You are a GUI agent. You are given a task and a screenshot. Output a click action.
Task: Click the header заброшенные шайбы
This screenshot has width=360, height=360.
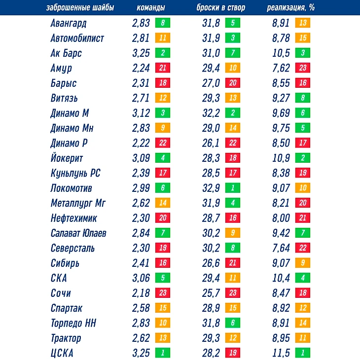pyautogui.click(x=79, y=8)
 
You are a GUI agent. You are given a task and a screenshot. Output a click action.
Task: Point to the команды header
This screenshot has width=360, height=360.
pyautogui.click(x=150, y=8)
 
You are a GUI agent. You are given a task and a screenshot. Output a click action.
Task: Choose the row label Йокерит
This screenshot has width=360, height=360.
pyautogui.click(x=67, y=158)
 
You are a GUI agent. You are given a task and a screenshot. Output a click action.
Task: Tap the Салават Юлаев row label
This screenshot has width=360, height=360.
pyautogui.click(x=78, y=233)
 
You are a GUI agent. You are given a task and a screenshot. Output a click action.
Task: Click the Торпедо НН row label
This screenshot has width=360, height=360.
pyautogui.click(x=73, y=324)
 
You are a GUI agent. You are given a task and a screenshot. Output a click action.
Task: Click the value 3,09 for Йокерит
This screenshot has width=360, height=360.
pyautogui.click(x=141, y=158)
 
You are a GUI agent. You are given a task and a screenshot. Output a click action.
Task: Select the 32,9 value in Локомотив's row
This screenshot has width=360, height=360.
pyautogui.click(x=212, y=188)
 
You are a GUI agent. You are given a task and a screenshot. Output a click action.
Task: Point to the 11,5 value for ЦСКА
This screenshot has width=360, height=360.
pyautogui.click(x=281, y=353)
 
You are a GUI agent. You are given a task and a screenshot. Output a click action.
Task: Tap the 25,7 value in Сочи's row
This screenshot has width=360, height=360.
pyautogui.click(x=212, y=293)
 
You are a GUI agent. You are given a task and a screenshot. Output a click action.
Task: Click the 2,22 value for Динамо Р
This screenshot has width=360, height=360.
pyautogui.click(x=141, y=143)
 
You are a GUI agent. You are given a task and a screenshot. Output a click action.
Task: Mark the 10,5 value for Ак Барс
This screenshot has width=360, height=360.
pyautogui.click(x=281, y=53)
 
